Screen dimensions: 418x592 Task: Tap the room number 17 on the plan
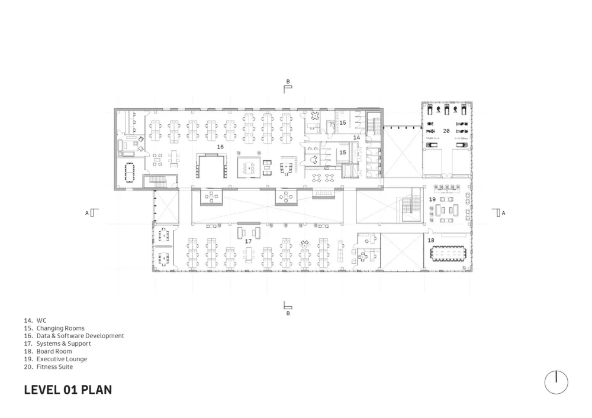(248, 241)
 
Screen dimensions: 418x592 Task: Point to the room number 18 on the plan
(430, 241)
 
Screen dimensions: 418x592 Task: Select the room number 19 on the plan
(432, 200)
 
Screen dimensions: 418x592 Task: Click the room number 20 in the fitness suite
(446, 130)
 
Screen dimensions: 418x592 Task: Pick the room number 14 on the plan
(356, 137)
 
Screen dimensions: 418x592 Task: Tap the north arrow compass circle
(556, 382)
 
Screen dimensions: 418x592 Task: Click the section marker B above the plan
(288, 82)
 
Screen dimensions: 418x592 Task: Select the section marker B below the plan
(288, 313)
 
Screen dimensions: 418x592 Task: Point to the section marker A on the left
(87, 213)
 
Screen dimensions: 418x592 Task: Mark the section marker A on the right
(503, 213)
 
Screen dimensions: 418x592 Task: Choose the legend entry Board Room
(54, 351)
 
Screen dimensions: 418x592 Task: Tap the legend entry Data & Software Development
(80, 336)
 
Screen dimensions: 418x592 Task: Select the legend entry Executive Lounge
(61, 359)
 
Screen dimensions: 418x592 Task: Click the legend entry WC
(41, 320)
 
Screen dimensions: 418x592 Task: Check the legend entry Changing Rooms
(60, 328)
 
